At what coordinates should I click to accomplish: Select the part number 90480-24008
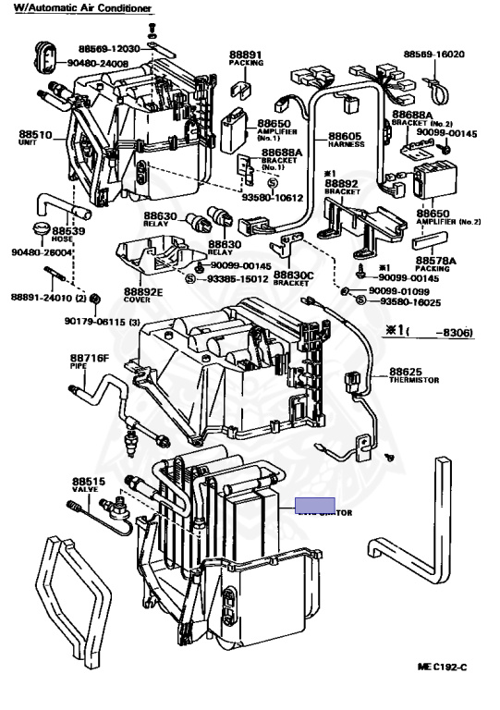pos(97,64)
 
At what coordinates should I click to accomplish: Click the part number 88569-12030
pos(109,48)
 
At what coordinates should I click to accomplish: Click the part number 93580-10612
pos(273,198)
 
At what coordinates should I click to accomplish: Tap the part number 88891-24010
pos(43,298)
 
